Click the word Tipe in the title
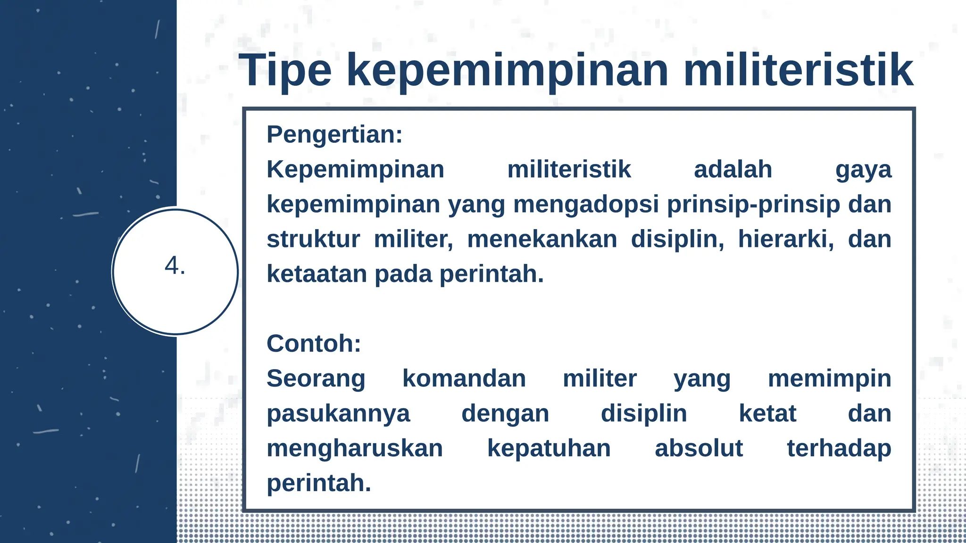[x=285, y=71]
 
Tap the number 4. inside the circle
[x=175, y=266]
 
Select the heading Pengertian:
[x=334, y=134]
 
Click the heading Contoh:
[x=314, y=344]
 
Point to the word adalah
[x=733, y=169]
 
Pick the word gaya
[x=863, y=170]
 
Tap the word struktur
[x=313, y=239]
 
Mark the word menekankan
[x=542, y=239]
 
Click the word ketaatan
[x=316, y=274]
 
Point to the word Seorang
[x=316, y=378]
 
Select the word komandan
[x=464, y=378]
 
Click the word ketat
[x=767, y=413]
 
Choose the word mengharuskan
[x=355, y=449]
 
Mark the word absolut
[x=699, y=448]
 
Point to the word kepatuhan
[x=549, y=449]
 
